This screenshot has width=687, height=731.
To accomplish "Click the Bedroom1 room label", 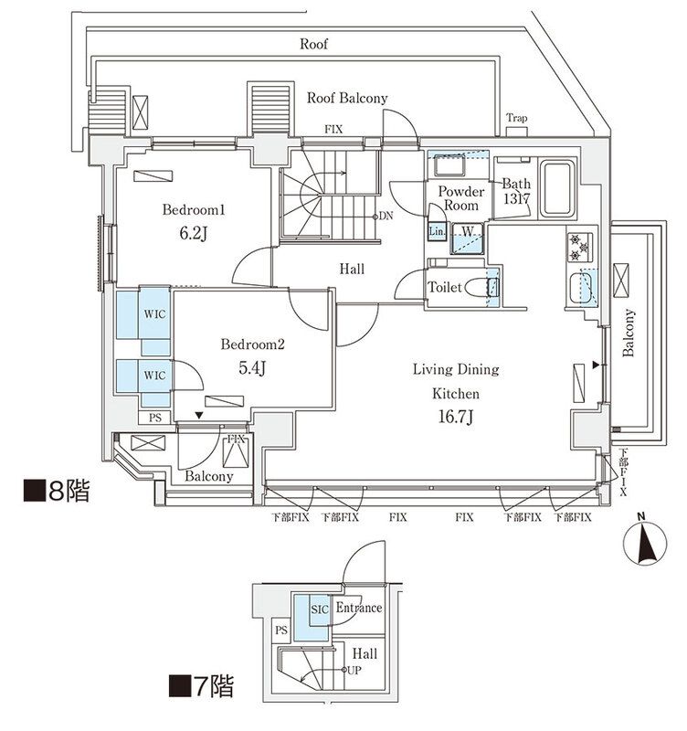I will pos(194,210).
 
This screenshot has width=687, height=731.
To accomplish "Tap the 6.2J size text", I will pos(195,234).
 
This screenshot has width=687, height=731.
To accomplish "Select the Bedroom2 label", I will pos(253,345).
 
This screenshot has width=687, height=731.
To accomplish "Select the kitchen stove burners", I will pos(579,244).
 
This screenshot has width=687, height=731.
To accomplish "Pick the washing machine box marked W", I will pos(467,231).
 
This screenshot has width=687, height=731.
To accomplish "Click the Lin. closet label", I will pos(438,232).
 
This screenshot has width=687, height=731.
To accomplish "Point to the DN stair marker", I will pos(387,217).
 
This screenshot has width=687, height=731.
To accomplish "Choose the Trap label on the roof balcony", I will pos(517,118).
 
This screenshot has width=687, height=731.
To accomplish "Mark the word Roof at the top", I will pos(314,43).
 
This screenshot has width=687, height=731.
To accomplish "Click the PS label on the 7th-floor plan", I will pos(280,630).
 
